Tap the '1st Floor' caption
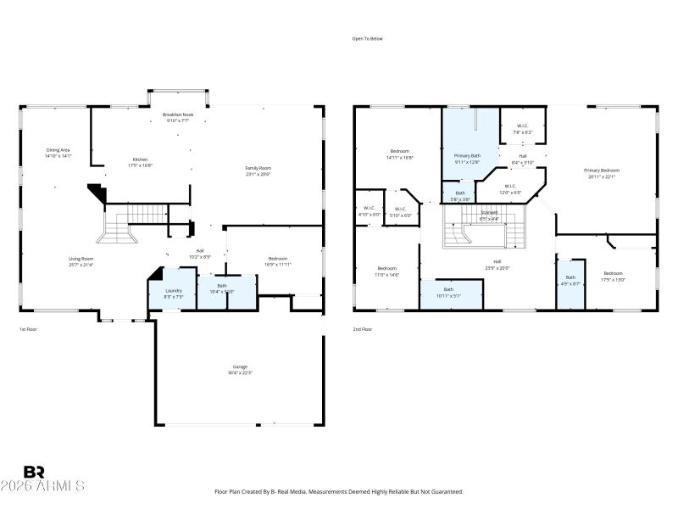(29, 329)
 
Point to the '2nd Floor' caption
(363, 329)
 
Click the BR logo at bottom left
(34, 471)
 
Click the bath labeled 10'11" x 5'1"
(448, 292)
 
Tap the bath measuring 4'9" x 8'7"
(570, 280)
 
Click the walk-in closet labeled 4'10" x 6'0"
(369, 212)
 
